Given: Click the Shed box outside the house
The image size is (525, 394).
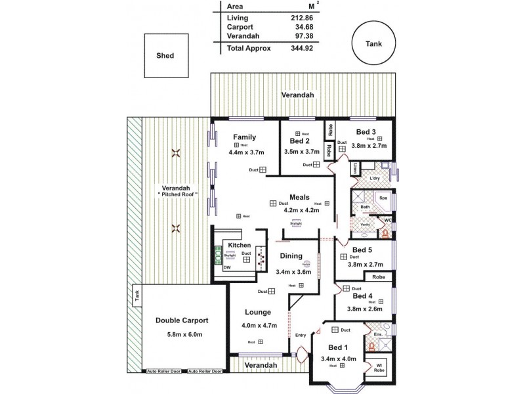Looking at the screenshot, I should (165, 56).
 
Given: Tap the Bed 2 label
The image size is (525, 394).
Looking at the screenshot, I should (300, 141).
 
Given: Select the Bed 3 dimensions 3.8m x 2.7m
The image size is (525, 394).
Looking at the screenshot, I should (369, 147).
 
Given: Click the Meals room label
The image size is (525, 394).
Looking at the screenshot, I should (300, 197).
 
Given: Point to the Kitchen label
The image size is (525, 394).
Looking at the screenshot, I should (240, 244).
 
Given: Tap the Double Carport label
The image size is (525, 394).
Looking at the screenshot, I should (182, 320).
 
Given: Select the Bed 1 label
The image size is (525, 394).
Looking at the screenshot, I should (338, 347).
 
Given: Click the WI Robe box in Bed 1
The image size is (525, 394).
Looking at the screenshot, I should (379, 368).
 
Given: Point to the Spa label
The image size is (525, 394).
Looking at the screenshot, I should (383, 197).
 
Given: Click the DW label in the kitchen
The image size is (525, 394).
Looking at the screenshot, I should (227, 267).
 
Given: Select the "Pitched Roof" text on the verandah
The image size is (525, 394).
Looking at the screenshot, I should (177, 196).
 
